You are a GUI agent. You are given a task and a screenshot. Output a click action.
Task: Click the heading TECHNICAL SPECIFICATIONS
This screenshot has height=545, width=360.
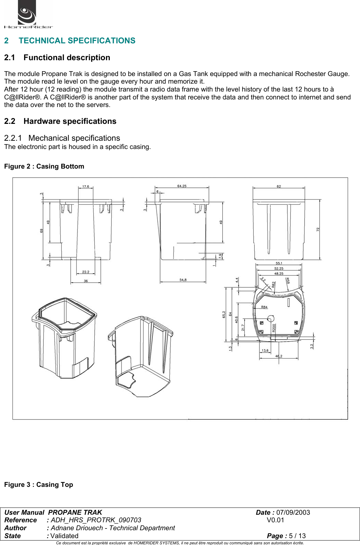(77, 41)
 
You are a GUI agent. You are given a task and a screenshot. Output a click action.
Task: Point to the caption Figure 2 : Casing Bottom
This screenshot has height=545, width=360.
(44, 166)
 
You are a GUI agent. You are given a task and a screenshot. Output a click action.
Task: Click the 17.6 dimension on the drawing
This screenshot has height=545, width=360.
(85, 186)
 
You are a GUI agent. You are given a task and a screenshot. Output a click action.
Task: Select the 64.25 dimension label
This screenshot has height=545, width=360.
(182, 186)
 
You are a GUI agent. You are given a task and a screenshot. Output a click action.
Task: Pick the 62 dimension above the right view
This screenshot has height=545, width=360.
(279, 186)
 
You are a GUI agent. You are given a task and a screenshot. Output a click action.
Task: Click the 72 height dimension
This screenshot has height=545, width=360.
(318, 229)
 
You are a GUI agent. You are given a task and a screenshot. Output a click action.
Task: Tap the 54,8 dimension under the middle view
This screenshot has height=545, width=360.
(183, 280)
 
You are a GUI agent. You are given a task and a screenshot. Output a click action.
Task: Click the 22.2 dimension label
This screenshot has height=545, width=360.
(86, 272)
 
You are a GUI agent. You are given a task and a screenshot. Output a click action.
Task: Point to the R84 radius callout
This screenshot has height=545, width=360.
(264, 307)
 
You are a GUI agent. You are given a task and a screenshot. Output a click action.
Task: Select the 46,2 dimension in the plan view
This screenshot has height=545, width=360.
(278, 356)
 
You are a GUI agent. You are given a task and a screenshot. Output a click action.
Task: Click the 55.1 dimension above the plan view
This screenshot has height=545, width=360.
(279, 263)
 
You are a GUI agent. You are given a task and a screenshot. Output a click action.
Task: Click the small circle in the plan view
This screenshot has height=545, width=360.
(271, 319)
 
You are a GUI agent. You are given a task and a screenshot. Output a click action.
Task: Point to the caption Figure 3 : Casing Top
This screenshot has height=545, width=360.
(39, 484)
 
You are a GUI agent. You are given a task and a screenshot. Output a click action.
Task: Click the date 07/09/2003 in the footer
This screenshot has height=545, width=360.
(293, 512)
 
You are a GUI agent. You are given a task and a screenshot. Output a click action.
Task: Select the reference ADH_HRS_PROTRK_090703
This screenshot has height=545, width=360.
(96, 520)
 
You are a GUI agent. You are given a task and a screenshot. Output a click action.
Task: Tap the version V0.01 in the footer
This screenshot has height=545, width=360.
(275, 520)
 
